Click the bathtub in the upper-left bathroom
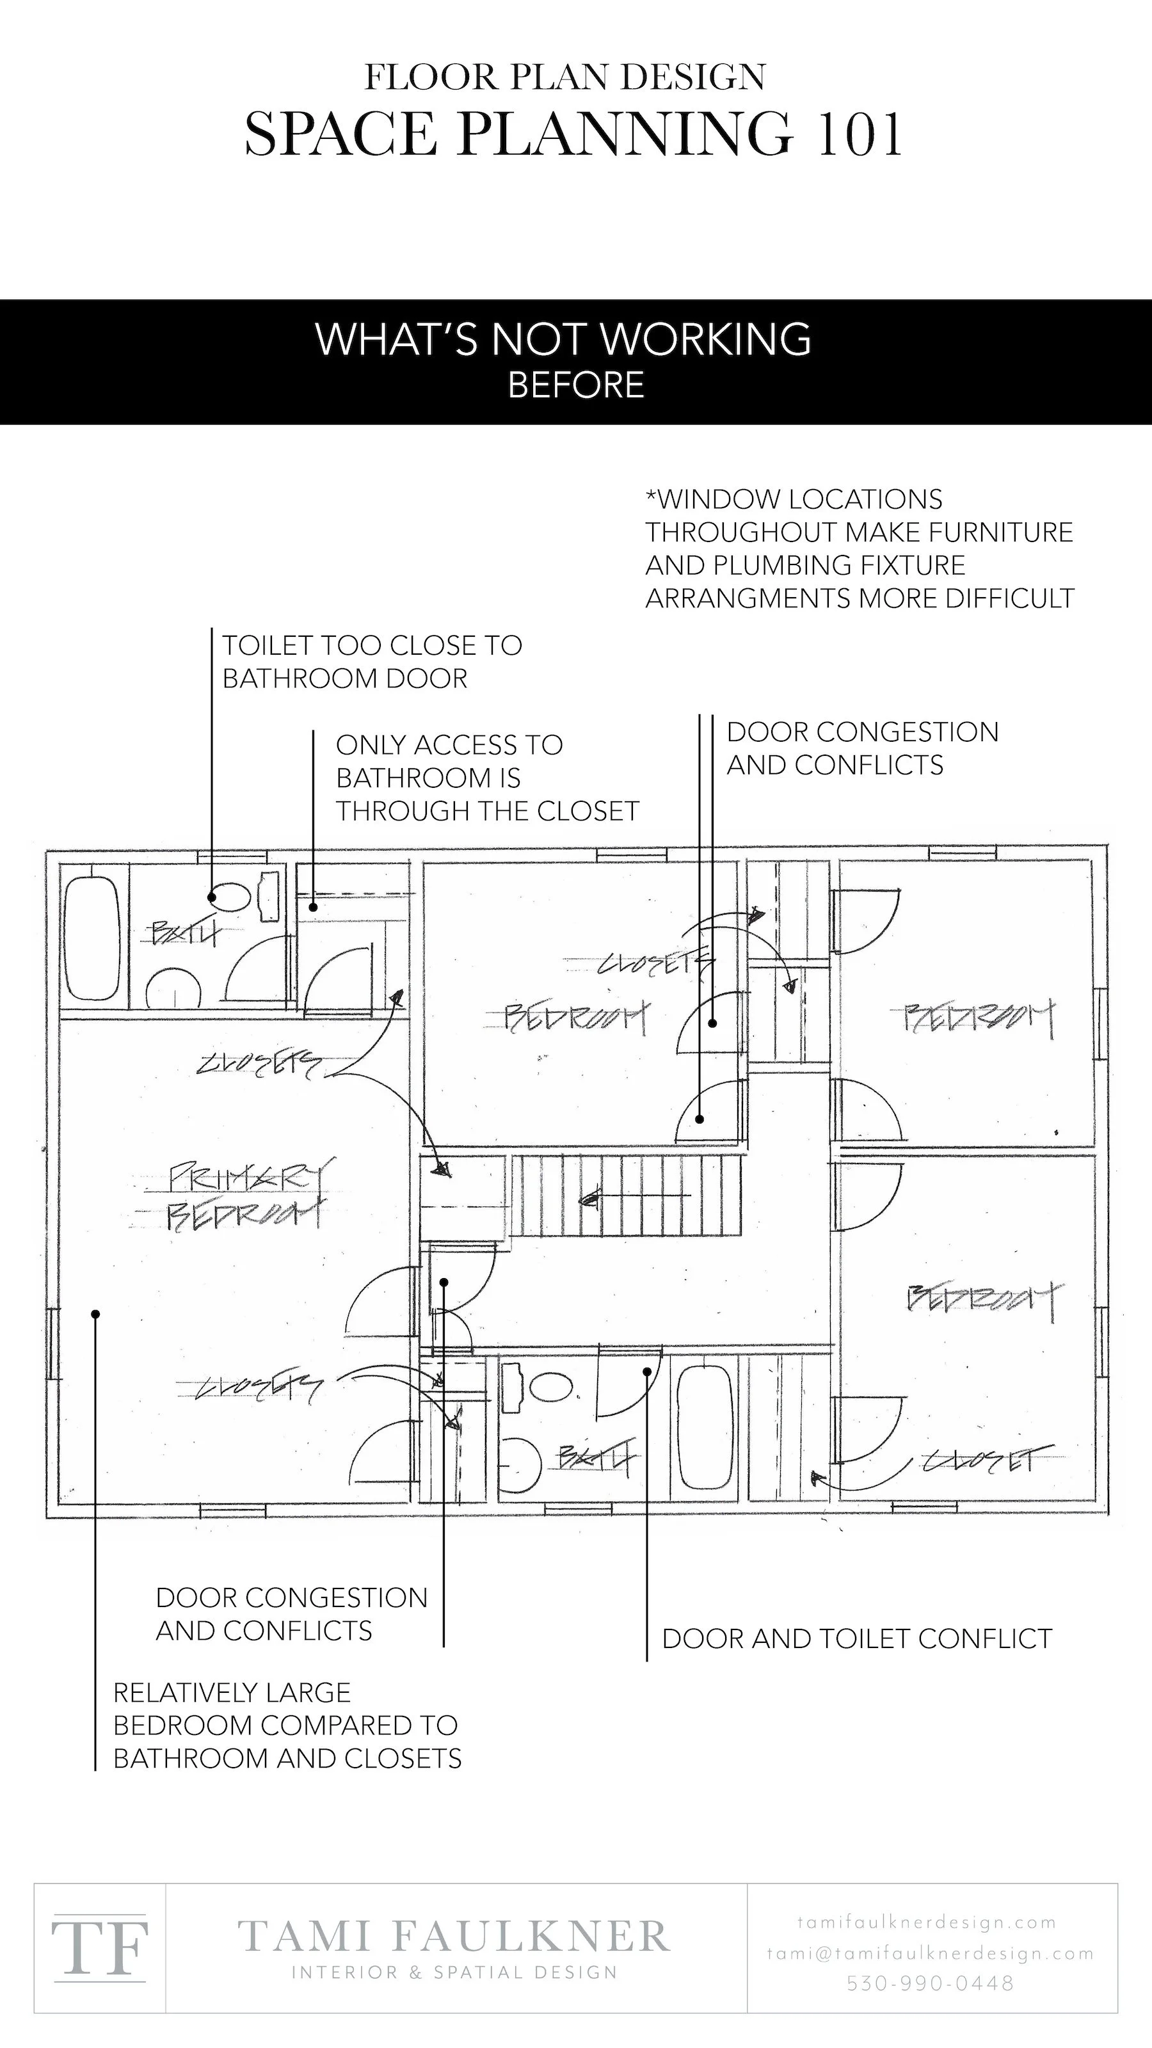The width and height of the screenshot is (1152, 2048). (92, 938)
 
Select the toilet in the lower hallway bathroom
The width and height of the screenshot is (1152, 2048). (552, 1388)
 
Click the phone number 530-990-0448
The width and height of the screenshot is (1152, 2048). (930, 1983)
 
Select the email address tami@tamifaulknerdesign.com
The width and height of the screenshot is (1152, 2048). (930, 1953)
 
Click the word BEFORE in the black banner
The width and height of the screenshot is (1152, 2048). (575, 385)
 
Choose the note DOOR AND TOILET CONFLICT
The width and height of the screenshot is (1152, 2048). (857, 1638)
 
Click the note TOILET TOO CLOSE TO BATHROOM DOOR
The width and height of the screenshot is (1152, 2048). (371, 662)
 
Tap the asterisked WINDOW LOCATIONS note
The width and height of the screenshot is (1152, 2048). (859, 548)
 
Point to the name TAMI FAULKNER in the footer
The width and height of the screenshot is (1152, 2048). (454, 1937)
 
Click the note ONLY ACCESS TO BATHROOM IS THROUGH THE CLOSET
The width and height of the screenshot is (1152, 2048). (486, 778)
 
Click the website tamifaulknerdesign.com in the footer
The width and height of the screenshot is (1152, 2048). (927, 1923)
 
